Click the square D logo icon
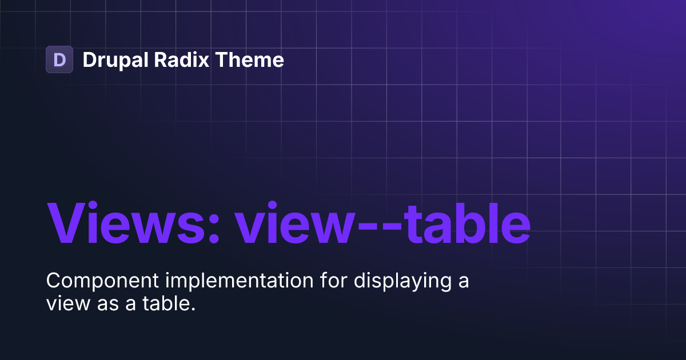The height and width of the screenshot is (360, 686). (x=59, y=59)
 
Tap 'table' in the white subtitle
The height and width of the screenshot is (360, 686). (x=162, y=304)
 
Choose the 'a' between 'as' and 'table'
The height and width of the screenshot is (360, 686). (x=123, y=305)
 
